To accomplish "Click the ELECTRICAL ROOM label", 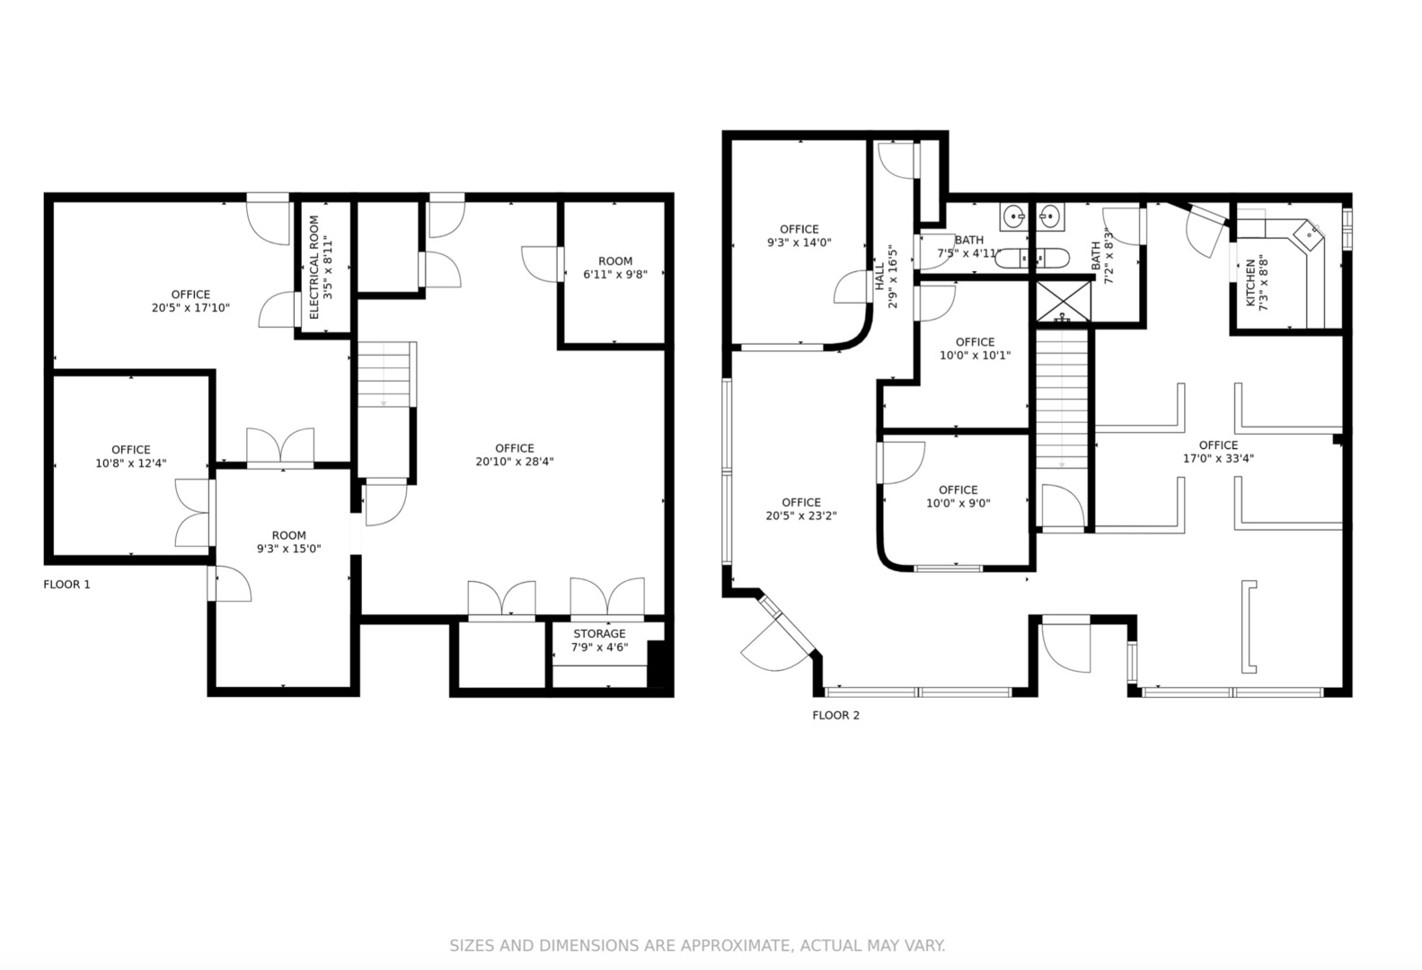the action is [314, 268].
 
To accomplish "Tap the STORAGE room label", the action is [599, 633].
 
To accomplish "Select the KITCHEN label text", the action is [1250, 283].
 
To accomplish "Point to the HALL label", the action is [879, 277].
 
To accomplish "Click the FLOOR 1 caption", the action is [66, 585].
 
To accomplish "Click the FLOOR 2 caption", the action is [836, 716].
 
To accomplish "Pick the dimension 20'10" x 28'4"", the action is [515, 463].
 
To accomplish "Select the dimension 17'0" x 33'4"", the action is [1218, 458].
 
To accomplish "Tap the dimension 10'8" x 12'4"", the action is [131, 463].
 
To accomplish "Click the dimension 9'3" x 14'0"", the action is [799, 242].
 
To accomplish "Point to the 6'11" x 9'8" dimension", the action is [615, 274].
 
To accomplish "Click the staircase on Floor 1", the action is [384, 375].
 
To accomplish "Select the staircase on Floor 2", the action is [1062, 400].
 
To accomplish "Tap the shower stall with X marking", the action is [1064, 302].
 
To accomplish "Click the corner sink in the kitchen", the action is [1309, 235].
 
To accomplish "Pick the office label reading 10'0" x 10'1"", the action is [975, 349].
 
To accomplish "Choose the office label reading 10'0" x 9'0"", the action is [958, 497].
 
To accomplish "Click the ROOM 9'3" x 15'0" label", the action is [289, 542].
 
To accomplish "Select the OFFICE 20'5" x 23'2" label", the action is [801, 509].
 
